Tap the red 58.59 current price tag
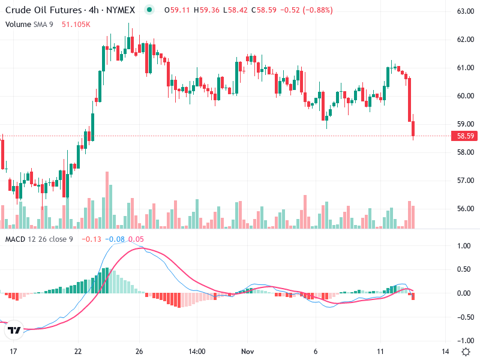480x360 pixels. (466, 136)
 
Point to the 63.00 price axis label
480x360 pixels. (466, 11)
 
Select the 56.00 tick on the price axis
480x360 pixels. (466, 209)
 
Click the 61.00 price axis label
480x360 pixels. (466, 68)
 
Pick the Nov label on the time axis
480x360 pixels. (247, 351)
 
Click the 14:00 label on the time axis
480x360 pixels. (197, 351)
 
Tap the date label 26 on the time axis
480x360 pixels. (139, 351)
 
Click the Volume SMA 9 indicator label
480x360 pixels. (29, 24)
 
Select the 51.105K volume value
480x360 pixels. (76, 24)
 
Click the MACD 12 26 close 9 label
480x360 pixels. (39, 239)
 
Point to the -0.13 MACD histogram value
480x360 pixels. (91, 239)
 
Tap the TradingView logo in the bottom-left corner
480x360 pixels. (14, 330)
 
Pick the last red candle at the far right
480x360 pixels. (413, 129)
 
